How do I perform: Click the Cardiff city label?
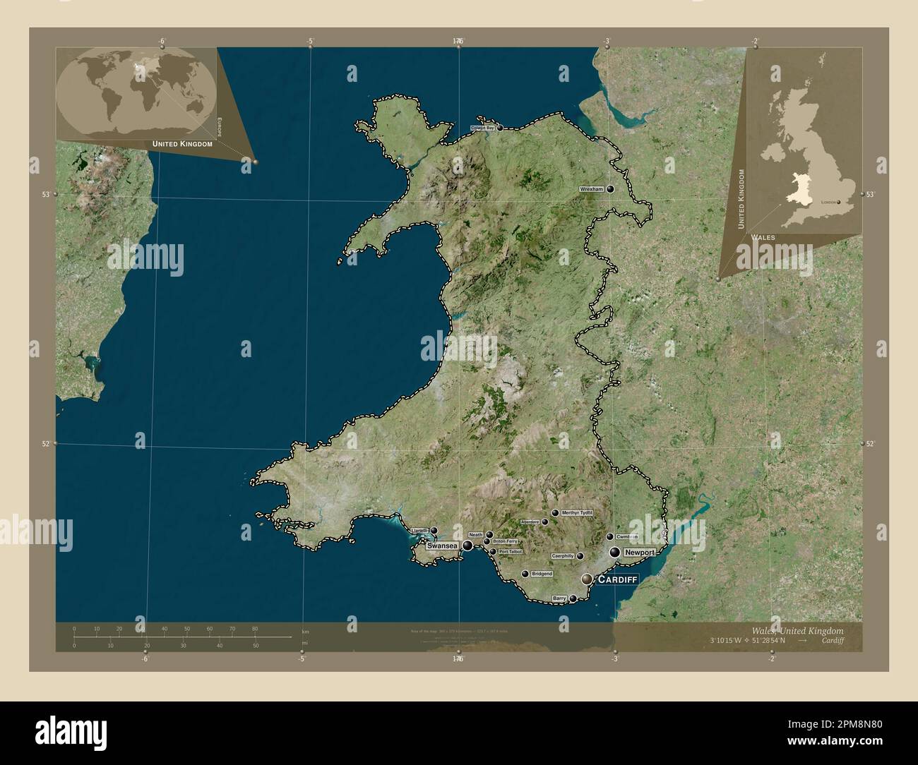click(618, 579)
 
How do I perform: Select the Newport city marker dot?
click(615, 552)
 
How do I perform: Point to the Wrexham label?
click(591, 190)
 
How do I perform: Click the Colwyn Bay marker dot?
click(500, 128)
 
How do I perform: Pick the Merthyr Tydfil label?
click(577, 513)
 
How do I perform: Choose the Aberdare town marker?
click(545, 522)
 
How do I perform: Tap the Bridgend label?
click(542, 574)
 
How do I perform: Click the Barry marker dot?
click(573, 598)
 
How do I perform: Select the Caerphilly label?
click(563, 556)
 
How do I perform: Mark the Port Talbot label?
click(510, 551)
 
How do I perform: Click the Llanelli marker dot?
click(434, 531)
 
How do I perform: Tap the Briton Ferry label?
click(505, 541)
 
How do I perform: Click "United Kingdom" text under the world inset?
click(182, 143)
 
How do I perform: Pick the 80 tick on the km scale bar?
click(255, 629)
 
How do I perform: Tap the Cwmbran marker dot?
click(610, 536)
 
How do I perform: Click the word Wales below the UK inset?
click(763, 237)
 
